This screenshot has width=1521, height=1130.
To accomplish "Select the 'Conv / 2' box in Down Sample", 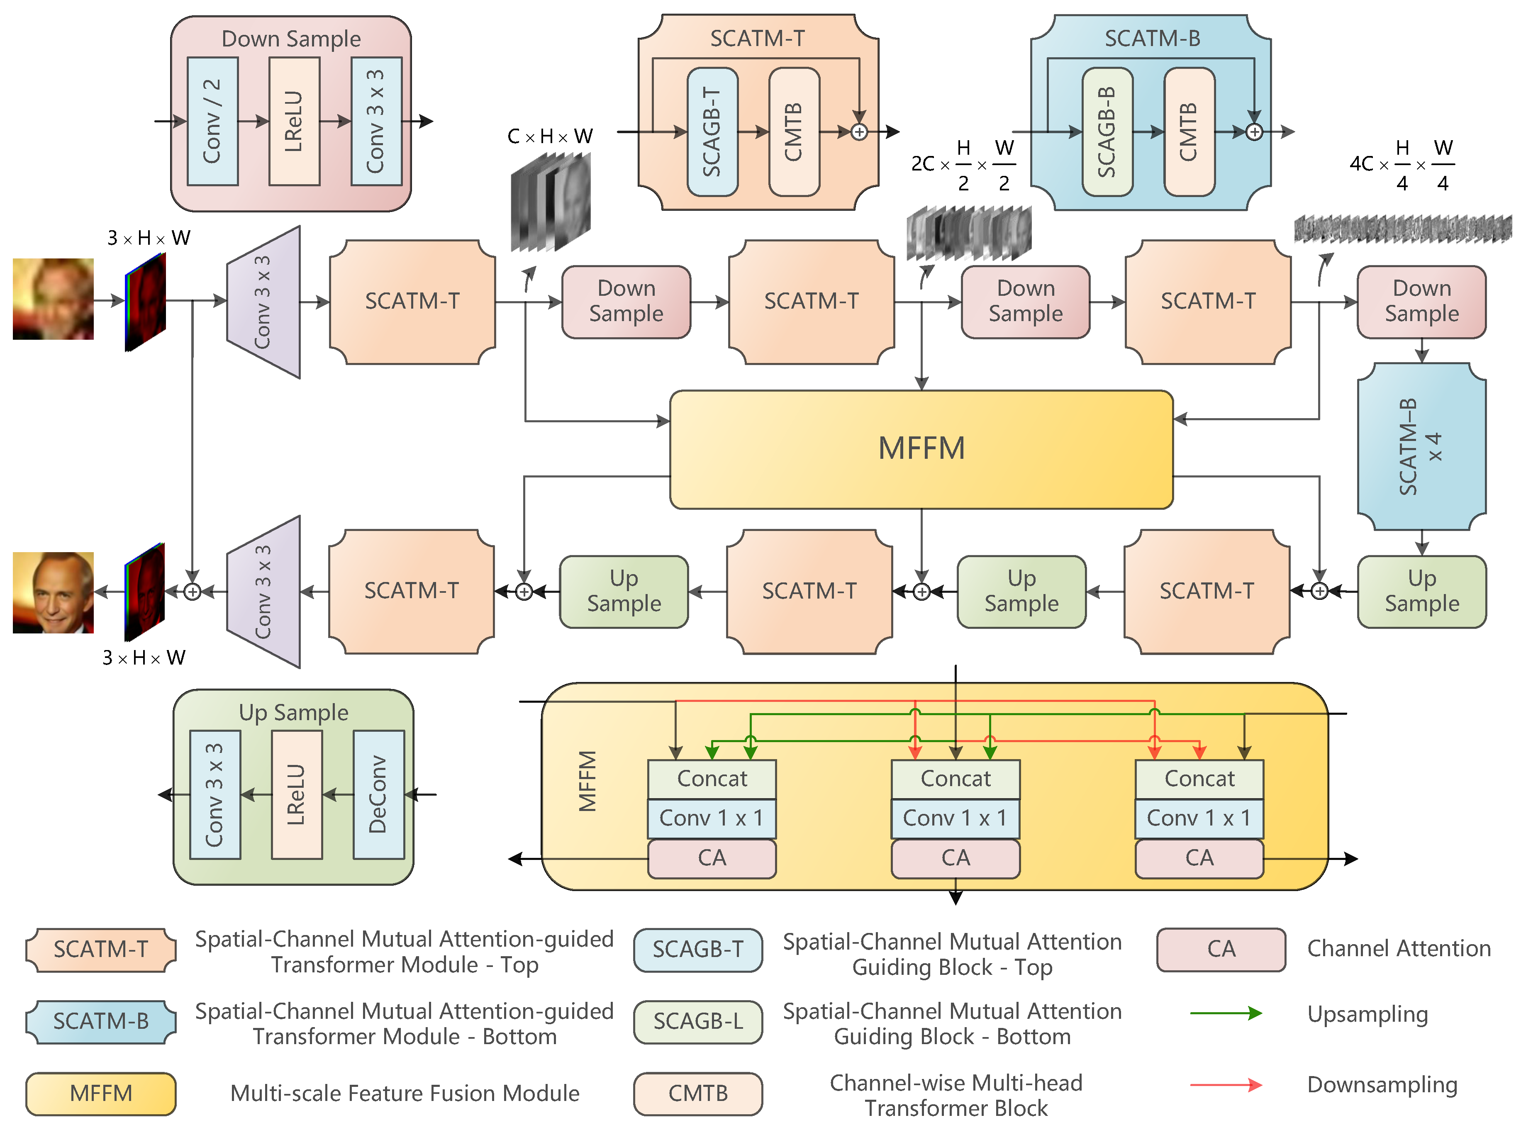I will [212, 121].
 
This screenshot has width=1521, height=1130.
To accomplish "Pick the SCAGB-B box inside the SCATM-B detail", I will [1107, 132].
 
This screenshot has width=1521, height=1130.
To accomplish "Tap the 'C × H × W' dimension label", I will [549, 136].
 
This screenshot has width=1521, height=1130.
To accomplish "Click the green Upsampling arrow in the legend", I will [1225, 1013].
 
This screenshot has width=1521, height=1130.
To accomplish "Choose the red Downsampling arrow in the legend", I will [1225, 1084].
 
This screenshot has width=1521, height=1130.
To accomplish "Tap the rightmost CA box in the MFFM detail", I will [1198, 858].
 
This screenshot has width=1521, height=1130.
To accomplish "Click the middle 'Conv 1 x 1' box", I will [955, 818].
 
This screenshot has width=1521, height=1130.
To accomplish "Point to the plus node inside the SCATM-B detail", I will [1253, 132].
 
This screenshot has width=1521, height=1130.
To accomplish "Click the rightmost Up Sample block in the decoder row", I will [1421, 592].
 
